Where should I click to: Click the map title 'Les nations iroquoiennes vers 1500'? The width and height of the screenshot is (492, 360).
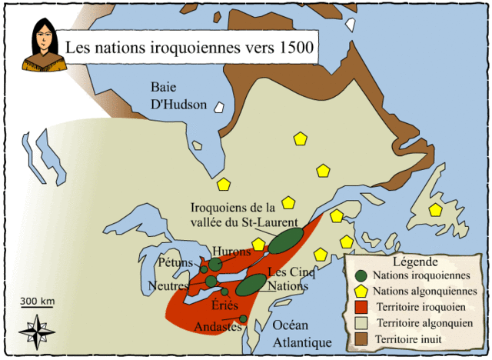[188, 48]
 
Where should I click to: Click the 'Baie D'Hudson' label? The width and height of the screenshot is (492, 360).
[179, 94]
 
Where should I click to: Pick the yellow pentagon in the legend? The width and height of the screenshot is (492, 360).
[361, 292]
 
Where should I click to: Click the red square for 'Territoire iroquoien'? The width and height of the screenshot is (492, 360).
[361, 308]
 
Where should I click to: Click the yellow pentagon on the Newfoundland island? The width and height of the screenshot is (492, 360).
[436, 209]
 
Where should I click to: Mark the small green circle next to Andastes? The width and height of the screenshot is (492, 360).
[243, 318]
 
